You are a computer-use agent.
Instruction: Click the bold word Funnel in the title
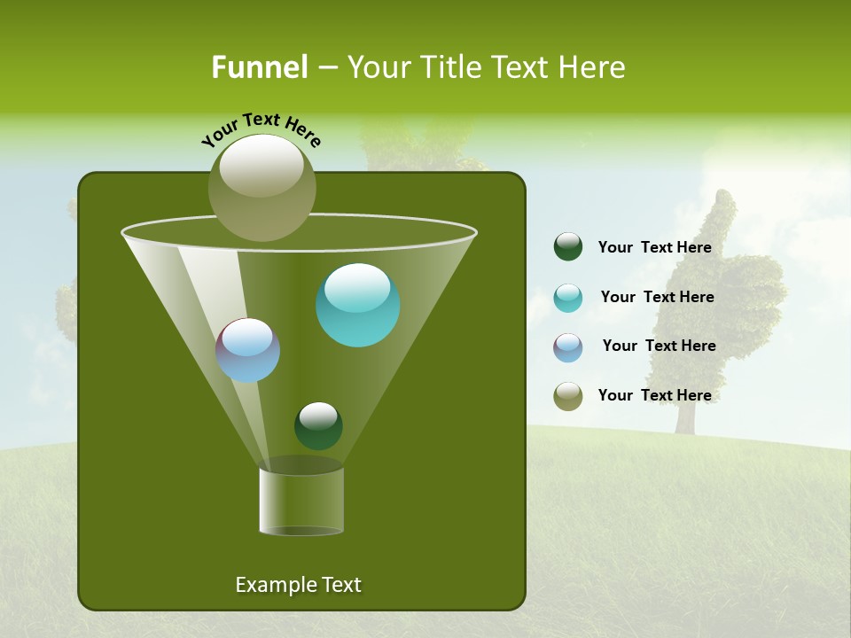click(259, 67)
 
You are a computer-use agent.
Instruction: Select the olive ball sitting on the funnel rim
click(262, 188)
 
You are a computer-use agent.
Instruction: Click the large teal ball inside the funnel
click(357, 306)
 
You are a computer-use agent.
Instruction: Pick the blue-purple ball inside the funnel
click(248, 350)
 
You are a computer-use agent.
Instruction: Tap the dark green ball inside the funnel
click(318, 425)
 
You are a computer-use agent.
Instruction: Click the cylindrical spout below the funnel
click(301, 501)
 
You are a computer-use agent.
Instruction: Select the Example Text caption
click(298, 585)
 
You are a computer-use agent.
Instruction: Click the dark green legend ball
click(568, 247)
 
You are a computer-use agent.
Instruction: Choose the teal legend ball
click(568, 298)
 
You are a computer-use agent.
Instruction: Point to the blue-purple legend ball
click(568, 347)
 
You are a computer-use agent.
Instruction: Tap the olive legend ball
click(568, 396)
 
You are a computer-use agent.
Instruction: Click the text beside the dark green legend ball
click(654, 248)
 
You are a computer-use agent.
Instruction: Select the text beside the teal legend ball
click(657, 298)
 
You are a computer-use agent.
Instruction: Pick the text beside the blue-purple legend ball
click(659, 346)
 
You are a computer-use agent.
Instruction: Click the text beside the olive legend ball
click(654, 396)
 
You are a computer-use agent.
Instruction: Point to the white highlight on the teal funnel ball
click(357, 287)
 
